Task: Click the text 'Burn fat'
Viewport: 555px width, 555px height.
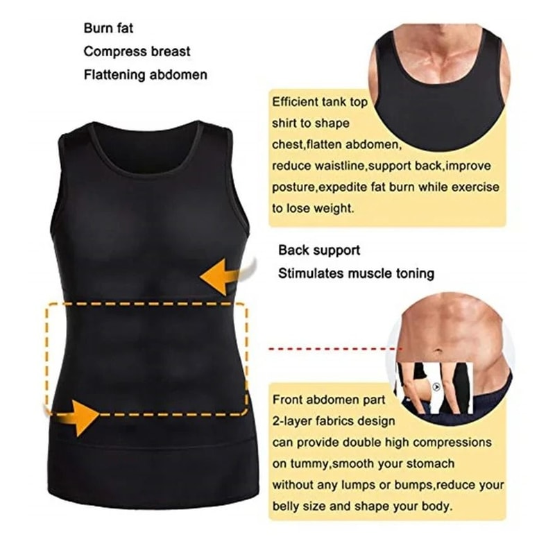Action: pyautogui.click(x=108, y=29)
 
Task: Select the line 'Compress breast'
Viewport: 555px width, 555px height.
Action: pyautogui.click(x=137, y=51)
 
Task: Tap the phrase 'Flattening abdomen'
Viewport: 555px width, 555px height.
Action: pyautogui.click(x=145, y=74)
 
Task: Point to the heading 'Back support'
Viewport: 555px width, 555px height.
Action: pyautogui.click(x=319, y=250)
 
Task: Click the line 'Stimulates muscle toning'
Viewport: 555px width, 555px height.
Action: pyautogui.click(x=356, y=273)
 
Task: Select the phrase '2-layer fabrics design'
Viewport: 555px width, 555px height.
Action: pyautogui.click(x=334, y=420)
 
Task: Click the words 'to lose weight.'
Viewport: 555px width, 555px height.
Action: pyautogui.click(x=313, y=207)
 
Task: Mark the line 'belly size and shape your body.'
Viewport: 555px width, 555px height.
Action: pyautogui.click(x=362, y=506)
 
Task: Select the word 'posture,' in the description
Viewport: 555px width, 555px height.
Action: pyautogui.click(x=295, y=187)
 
